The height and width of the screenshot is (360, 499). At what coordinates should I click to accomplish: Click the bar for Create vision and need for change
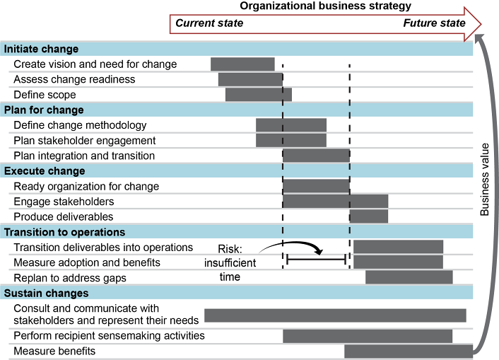(x=242, y=64)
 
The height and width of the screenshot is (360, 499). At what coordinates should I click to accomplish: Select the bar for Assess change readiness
(x=250, y=79)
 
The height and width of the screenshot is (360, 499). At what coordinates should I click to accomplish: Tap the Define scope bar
(x=258, y=95)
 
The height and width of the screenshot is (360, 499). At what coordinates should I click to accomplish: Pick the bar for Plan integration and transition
(x=316, y=156)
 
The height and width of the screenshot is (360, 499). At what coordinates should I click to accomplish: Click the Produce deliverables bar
(x=368, y=216)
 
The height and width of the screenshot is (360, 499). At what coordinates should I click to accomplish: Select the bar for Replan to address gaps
(x=409, y=277)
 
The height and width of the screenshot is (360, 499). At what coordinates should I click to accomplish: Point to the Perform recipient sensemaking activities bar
(x=367, y=336)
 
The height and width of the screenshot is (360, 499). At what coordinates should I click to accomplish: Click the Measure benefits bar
(x=408, y=352)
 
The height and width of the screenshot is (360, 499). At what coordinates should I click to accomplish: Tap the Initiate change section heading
(x=42, y=49)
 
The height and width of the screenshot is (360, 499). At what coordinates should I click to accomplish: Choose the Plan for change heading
(x=44, y=110)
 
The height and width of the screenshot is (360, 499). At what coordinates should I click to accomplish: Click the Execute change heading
(x=45, y=170)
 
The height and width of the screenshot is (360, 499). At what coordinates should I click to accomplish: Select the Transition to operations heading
(x=65, y=232)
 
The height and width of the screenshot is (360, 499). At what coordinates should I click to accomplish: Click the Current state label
(x=209, y=23)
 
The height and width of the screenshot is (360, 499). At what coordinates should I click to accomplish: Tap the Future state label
(x=434, y=23)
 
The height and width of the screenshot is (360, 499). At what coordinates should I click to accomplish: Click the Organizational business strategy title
(x=325, y=6)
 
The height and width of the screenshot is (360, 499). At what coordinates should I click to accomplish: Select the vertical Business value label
(x=484, y=179)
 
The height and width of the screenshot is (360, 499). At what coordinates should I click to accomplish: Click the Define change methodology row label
(x=80, y=125)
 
